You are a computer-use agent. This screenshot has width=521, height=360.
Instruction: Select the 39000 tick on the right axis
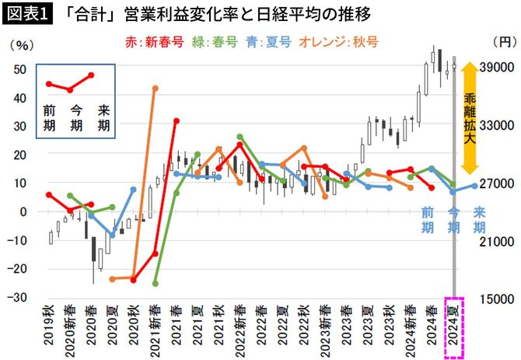(x=498, y=68)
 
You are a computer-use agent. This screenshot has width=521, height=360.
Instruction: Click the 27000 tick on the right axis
(x=498, y=183)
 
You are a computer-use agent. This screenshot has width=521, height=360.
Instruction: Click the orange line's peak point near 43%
(x=156, y=88)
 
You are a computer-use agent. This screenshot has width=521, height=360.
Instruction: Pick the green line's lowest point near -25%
(x=156, y=283)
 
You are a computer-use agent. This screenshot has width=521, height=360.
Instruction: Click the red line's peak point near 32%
(x=177, y=121)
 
